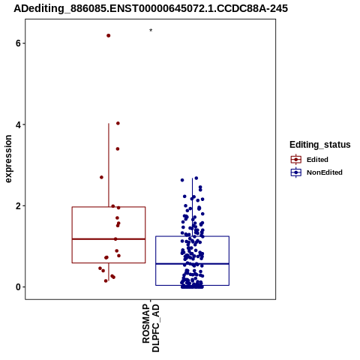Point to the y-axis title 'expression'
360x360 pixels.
pos(8,159)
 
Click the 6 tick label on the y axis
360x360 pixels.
pos(18,43)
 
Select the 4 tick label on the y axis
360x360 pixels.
pos(18,124)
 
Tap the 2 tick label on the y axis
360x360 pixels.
pos(18,206)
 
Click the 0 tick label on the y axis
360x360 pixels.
pos(18,287)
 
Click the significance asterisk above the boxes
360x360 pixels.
pos(151,30)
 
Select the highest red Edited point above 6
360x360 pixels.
pos(109,35)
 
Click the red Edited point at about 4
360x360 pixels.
pos(118,123)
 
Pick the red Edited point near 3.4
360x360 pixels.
pos(118,149)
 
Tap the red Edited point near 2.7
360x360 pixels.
pos(101,177)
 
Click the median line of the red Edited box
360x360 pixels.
pos(109,239)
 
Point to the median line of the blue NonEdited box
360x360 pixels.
pos(192,264)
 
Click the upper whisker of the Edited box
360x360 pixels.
pos(109,165)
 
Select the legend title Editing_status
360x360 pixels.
pos(320,145)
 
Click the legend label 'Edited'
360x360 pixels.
pos(317,160)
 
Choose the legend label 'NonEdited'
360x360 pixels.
pos(325,172)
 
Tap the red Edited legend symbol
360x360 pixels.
pos(296,160)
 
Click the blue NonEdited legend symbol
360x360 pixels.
pos(296,172)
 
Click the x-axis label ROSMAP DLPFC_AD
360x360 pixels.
pos(151,328)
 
